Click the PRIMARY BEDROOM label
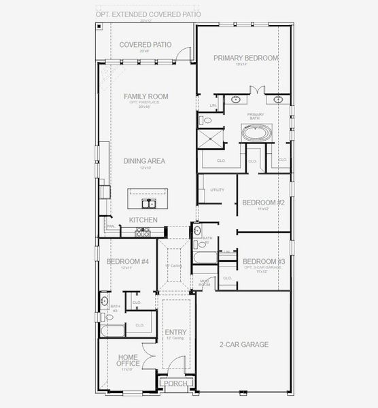click(x=245, y=58)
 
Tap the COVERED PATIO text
click(x=145, y=45)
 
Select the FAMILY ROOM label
click(x=145, y=97)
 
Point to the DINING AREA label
click(x=145, y=161)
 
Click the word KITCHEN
click(x=143, y=220)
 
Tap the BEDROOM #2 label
click(x=263, y=203)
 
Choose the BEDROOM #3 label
click(x=263, y=262)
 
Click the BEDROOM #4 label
click(x=128, y=262)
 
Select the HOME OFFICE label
click(x=128, y=360)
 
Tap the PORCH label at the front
click(x=175, y=384)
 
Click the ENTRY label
click(x=175, y=332)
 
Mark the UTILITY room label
click(x=218, y=190)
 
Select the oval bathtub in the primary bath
click(x=256, y=133)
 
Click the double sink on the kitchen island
click(x=148, y=203)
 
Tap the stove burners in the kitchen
click(x=143, y=232)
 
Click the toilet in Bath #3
click(x=105, y=300)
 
